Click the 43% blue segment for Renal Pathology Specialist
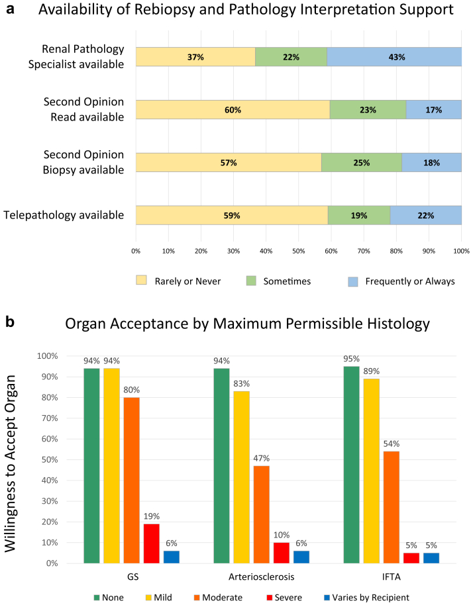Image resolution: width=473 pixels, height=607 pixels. [x=394, y=57]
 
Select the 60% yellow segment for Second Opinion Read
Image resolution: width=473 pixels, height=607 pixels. [x=233, y=110]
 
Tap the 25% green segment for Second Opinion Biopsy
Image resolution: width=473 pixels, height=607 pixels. [x=361, y=163]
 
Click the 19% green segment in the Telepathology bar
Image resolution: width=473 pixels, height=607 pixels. [x=358, y=216]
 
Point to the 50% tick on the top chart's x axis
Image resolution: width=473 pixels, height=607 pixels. [x=298, y=252]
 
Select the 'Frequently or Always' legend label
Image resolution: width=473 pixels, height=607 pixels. [x=418, y=281]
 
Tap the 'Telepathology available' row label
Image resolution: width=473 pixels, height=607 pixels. [x=64, y=215]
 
